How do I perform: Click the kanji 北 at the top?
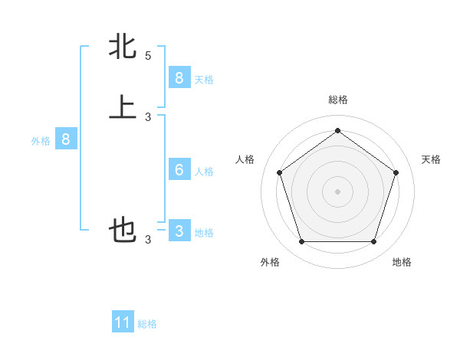(123, 47)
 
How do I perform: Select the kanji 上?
(123, 107)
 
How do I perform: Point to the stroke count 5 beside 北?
(148, 56)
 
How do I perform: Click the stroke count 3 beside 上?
(148, 116)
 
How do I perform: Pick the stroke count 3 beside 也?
(148, 240)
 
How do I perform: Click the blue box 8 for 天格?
(179, 77)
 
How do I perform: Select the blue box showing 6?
(179, 169)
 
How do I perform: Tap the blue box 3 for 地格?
(179, 231)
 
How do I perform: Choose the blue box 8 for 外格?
(66, 139)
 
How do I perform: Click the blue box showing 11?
(123, 322)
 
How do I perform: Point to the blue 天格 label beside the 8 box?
(204, 79)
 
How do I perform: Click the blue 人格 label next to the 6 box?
(204, 171)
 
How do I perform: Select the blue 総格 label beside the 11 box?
(147, 324)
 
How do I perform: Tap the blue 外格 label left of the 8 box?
(41, 141)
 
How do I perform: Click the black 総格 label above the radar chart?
(337, 100)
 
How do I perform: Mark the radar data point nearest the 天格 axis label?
(396, 172)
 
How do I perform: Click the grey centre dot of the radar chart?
(337, 191)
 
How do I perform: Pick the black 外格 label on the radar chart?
(270, 262)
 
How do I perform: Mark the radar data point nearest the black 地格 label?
(373, 242)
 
